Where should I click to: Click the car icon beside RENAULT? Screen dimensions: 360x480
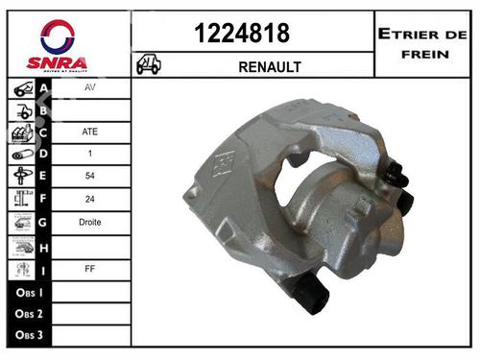pos(150,65)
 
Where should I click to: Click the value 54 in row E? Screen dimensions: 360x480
pos(90,176)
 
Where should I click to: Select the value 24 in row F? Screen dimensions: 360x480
pos(90,199)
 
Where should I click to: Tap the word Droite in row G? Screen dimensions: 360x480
pos(90,222)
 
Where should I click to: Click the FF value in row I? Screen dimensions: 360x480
pos(90,268)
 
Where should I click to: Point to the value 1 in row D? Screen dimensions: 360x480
pos(90,153)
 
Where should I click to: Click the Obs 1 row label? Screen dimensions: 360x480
pos(26,291)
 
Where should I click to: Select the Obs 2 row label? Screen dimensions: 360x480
pos(26,314)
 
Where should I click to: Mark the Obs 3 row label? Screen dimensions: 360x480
pos(26,336)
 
